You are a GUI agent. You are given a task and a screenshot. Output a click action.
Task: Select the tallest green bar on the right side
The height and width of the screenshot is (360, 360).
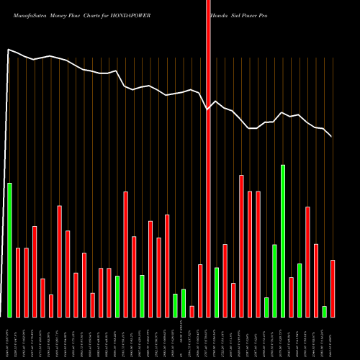click(x=283, y=240)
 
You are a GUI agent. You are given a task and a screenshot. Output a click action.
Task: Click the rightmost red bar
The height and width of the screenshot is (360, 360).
click(x=333, y=288)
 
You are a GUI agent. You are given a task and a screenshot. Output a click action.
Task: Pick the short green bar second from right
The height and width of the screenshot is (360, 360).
click(x=324, y=311)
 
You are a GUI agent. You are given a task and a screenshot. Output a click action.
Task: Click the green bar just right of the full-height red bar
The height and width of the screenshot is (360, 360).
click(x=217, y=292)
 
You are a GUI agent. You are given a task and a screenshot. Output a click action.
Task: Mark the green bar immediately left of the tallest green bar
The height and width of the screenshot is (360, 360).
click(x=274, y=281)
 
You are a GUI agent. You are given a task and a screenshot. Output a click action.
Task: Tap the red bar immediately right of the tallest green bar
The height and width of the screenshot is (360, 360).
click(x=291, y=297)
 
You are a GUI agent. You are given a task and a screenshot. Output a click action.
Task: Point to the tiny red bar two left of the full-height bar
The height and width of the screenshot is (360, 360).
click(x=192, y=311)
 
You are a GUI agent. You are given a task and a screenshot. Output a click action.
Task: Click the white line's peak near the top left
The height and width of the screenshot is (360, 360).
click(x=9, y=50)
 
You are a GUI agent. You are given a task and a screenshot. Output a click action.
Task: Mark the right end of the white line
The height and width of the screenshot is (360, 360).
click(x=331, y=136)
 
